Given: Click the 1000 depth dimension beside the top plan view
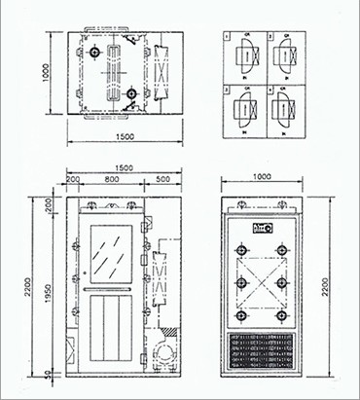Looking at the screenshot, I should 45,70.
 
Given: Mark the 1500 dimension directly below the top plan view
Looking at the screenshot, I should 118,137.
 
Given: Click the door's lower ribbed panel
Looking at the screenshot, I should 109,329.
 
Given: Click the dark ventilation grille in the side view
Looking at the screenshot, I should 262,353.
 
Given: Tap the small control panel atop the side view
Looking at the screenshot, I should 262,228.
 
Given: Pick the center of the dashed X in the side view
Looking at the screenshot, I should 262,283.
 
